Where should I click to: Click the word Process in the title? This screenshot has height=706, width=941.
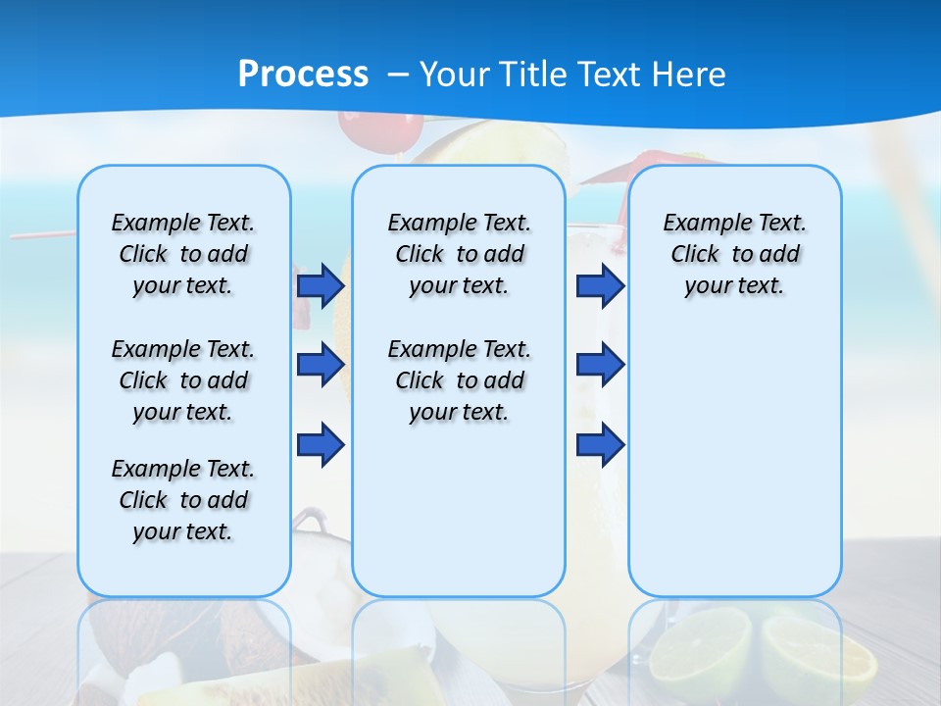click(x=303, y=75)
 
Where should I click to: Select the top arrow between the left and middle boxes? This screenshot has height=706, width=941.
click(x=321, y=285)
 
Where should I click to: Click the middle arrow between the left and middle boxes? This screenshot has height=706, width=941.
click(x=321, y=366)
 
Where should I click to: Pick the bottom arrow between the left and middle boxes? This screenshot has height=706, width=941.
click(x=321, y=445)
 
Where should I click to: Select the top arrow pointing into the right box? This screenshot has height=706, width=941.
click(x=600, y=285)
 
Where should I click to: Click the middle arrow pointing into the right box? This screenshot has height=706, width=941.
click(x=600, y=366)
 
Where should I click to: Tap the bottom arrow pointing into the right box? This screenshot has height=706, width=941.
click(x=600, y=445)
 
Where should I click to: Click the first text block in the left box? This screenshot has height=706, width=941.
click(x=183, y=254)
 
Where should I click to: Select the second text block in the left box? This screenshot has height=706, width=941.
click(x=183, y=380)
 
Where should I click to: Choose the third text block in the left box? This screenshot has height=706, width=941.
click(x=183, y=500)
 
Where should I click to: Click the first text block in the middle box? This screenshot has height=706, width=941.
click(x=459, y=254)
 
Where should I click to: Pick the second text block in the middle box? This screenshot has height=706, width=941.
click(x=459, y=380)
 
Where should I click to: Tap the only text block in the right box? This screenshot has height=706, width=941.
click(x=734, y=254)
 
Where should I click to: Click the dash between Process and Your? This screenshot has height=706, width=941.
click(x=398, y=75)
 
